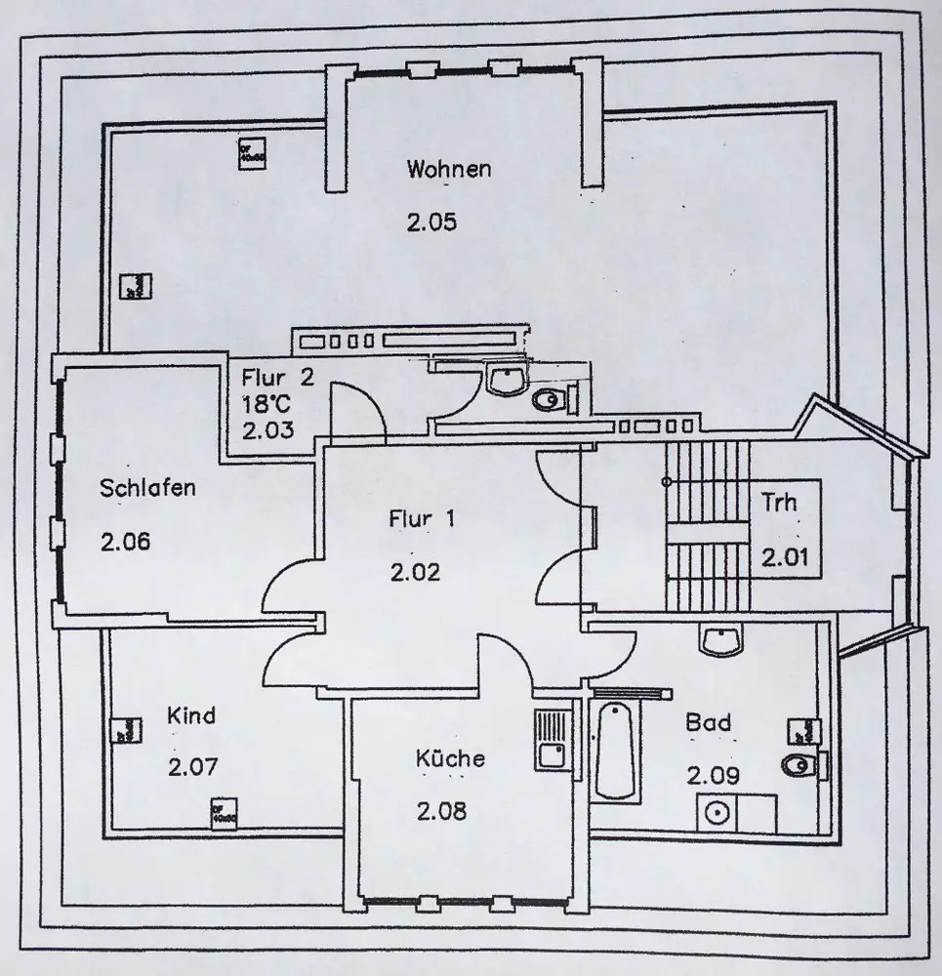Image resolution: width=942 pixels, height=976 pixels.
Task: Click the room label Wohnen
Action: click(x=449, y=169)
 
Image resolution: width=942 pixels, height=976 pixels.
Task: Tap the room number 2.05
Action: click(x=431, y=223)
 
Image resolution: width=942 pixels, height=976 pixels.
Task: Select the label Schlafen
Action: click(x=147, y=488)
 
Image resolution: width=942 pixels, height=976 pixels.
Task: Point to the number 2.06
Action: click(x=126, y=542)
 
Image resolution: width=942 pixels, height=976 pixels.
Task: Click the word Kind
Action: click(x=191, y=715)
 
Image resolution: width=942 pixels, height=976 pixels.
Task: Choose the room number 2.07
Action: click(x=192, y=767)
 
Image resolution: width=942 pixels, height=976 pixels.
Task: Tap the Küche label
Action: click(x=449, y=757)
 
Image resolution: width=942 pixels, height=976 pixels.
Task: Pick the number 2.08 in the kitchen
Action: click(x=442, y=810)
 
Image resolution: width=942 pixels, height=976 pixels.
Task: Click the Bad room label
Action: click(x=709, y=723)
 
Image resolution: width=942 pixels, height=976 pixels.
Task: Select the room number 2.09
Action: click(x=713, y=776)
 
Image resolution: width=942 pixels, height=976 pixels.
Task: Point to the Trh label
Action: click(x=779, y=503)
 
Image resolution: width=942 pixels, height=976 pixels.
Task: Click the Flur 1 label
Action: click(x=422, y=519)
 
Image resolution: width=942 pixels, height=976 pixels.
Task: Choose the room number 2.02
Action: click(x=415, y=572)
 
